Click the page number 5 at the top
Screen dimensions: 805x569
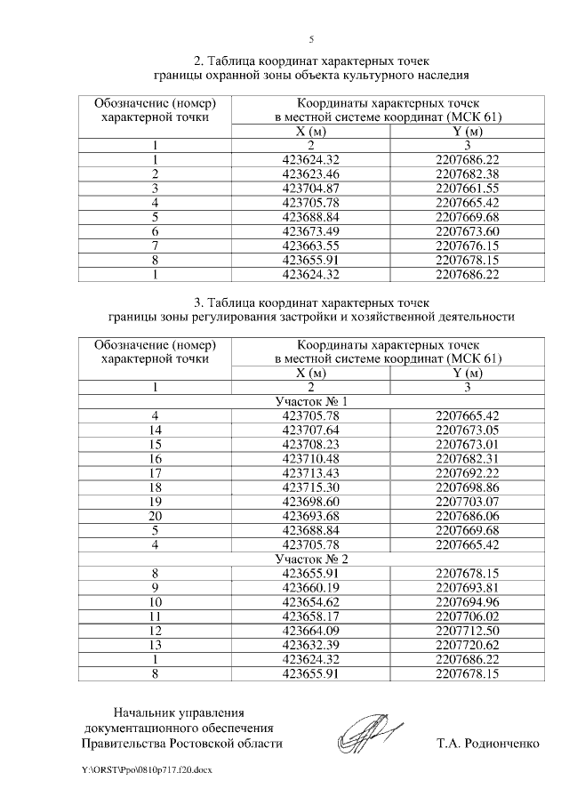pos(311,39)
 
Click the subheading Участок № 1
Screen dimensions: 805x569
pos(310,401)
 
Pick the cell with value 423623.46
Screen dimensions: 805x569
pos(310,173)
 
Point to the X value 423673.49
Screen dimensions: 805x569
pos(310,231)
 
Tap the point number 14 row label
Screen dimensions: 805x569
pos(156,430)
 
